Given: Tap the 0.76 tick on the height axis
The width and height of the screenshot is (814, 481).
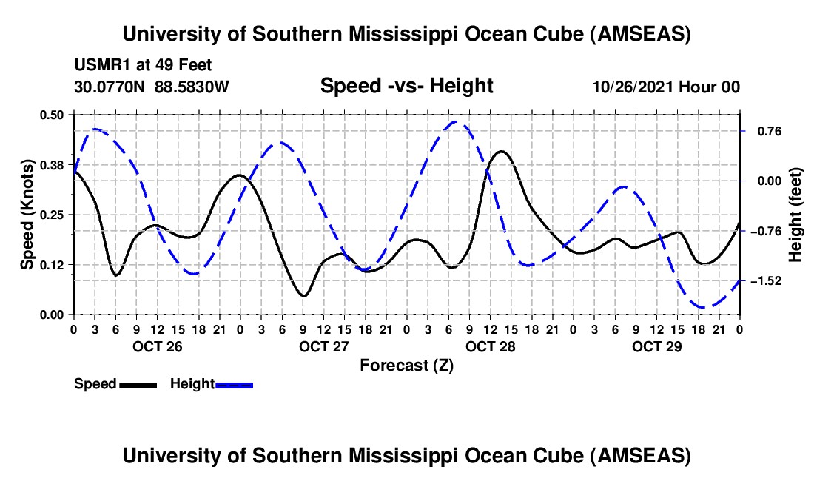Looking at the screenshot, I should [x=762, y=131].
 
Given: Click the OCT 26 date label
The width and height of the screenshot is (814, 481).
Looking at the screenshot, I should [x=157, y=346].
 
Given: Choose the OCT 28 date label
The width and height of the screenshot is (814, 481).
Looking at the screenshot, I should [x=490, y=346].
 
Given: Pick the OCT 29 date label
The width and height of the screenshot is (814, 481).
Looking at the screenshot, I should [x=656, y=346].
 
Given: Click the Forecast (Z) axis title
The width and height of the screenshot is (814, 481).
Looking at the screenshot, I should [x=406, y=365].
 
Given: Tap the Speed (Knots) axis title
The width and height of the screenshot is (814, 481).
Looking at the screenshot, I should [x=27, y=214].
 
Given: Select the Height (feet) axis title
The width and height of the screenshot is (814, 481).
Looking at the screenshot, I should [x=795, y=215].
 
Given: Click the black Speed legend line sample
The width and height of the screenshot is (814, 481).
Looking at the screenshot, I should [x=138, y=384].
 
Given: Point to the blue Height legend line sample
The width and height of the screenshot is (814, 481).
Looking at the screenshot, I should [x=234, y=384].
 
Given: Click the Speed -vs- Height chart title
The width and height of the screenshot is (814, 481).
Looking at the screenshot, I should [x=406, y=86].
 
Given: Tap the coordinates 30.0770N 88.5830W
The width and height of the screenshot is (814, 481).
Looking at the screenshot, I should [x=152, y=87].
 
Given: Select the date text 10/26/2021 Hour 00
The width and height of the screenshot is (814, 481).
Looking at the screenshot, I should [x=666, y=87].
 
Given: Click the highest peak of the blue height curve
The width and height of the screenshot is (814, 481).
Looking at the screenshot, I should [x=456, y=122].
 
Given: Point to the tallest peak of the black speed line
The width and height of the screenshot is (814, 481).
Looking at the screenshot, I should [x=502, y=151].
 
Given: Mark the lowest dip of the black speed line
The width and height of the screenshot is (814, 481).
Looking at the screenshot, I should [x=303, y=296].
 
